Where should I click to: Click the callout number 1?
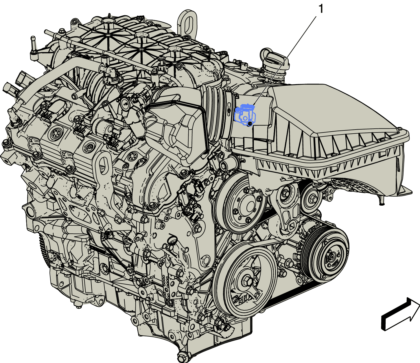[321, 9]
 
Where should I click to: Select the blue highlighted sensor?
[245, 115]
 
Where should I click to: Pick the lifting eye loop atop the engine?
[187, 24]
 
